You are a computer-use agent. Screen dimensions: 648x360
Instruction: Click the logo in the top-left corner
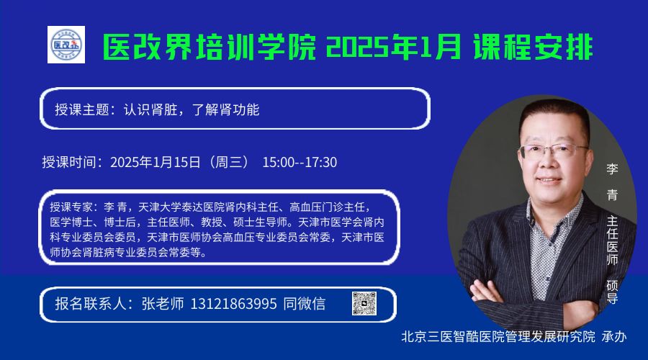coord(66,45)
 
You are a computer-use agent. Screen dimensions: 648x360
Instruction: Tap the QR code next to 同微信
coord(364,303)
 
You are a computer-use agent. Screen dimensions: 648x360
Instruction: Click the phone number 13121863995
coord(233,305)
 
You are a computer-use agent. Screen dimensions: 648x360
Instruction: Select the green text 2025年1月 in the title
coord(393,47)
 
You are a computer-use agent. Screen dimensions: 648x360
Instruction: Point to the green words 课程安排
coord(534,47)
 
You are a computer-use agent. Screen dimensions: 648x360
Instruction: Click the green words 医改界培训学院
coord(209,47)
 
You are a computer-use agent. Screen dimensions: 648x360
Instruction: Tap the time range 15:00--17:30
coord(300,162)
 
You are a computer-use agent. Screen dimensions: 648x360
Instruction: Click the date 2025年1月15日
coord(156,162)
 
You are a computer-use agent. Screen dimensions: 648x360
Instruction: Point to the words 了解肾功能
coord(225,109)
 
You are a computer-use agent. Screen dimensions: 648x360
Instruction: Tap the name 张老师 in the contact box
coord(163,305)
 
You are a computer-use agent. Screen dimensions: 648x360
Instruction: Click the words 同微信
coord(304,305)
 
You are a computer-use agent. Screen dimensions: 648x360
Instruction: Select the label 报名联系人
coord(91,305)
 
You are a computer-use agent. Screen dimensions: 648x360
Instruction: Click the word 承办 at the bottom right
coord(614,336)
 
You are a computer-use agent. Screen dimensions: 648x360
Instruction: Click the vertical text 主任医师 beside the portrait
coord(612,240)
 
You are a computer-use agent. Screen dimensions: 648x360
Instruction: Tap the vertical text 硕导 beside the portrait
coord(612,292)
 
